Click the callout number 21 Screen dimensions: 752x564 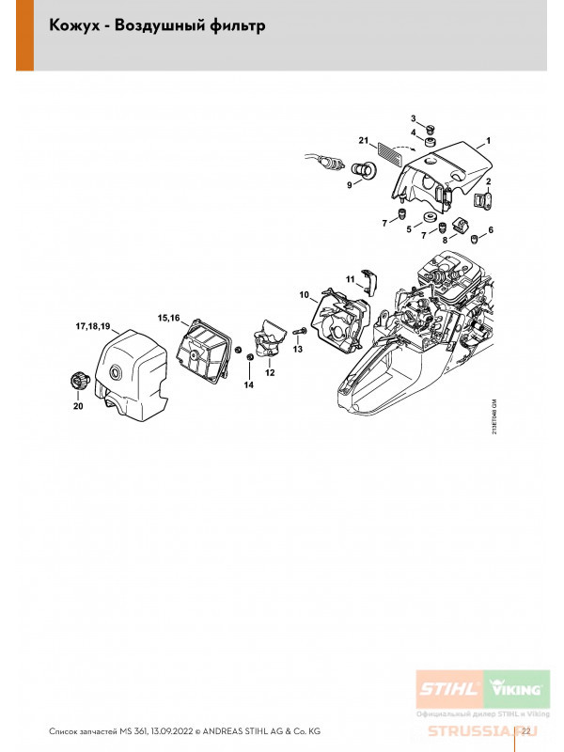pyautogui.click(x=362, y=140)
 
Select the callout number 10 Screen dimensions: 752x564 pyautogui.click(x=305, y=295)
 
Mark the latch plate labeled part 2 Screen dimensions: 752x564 pyautogui.click(x=480, y=198)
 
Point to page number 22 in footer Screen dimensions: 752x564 pyautogui.click(x=526, y=730)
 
